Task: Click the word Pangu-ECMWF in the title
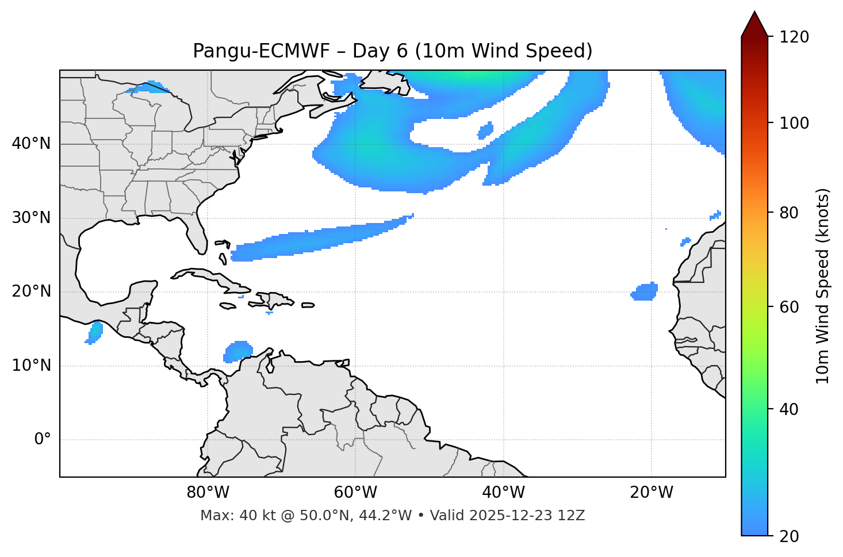coord(261,51)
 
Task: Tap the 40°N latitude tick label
coord(31,144)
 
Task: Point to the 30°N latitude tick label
coord(31,218)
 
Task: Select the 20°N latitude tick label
coord(31,291)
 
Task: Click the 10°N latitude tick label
coord(31,366)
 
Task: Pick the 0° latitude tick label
coord(42,440)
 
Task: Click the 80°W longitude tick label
coord(208,493)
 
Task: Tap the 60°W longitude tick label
coord(355,493)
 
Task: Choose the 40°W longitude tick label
coord(503,493)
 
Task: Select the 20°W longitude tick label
coord(651,493)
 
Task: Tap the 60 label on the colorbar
coord(791,307)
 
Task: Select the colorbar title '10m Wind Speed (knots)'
coord(823,286)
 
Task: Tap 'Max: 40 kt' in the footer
coord(225,516)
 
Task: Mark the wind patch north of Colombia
coord(238,351)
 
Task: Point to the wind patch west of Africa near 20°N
coord(645,292)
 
